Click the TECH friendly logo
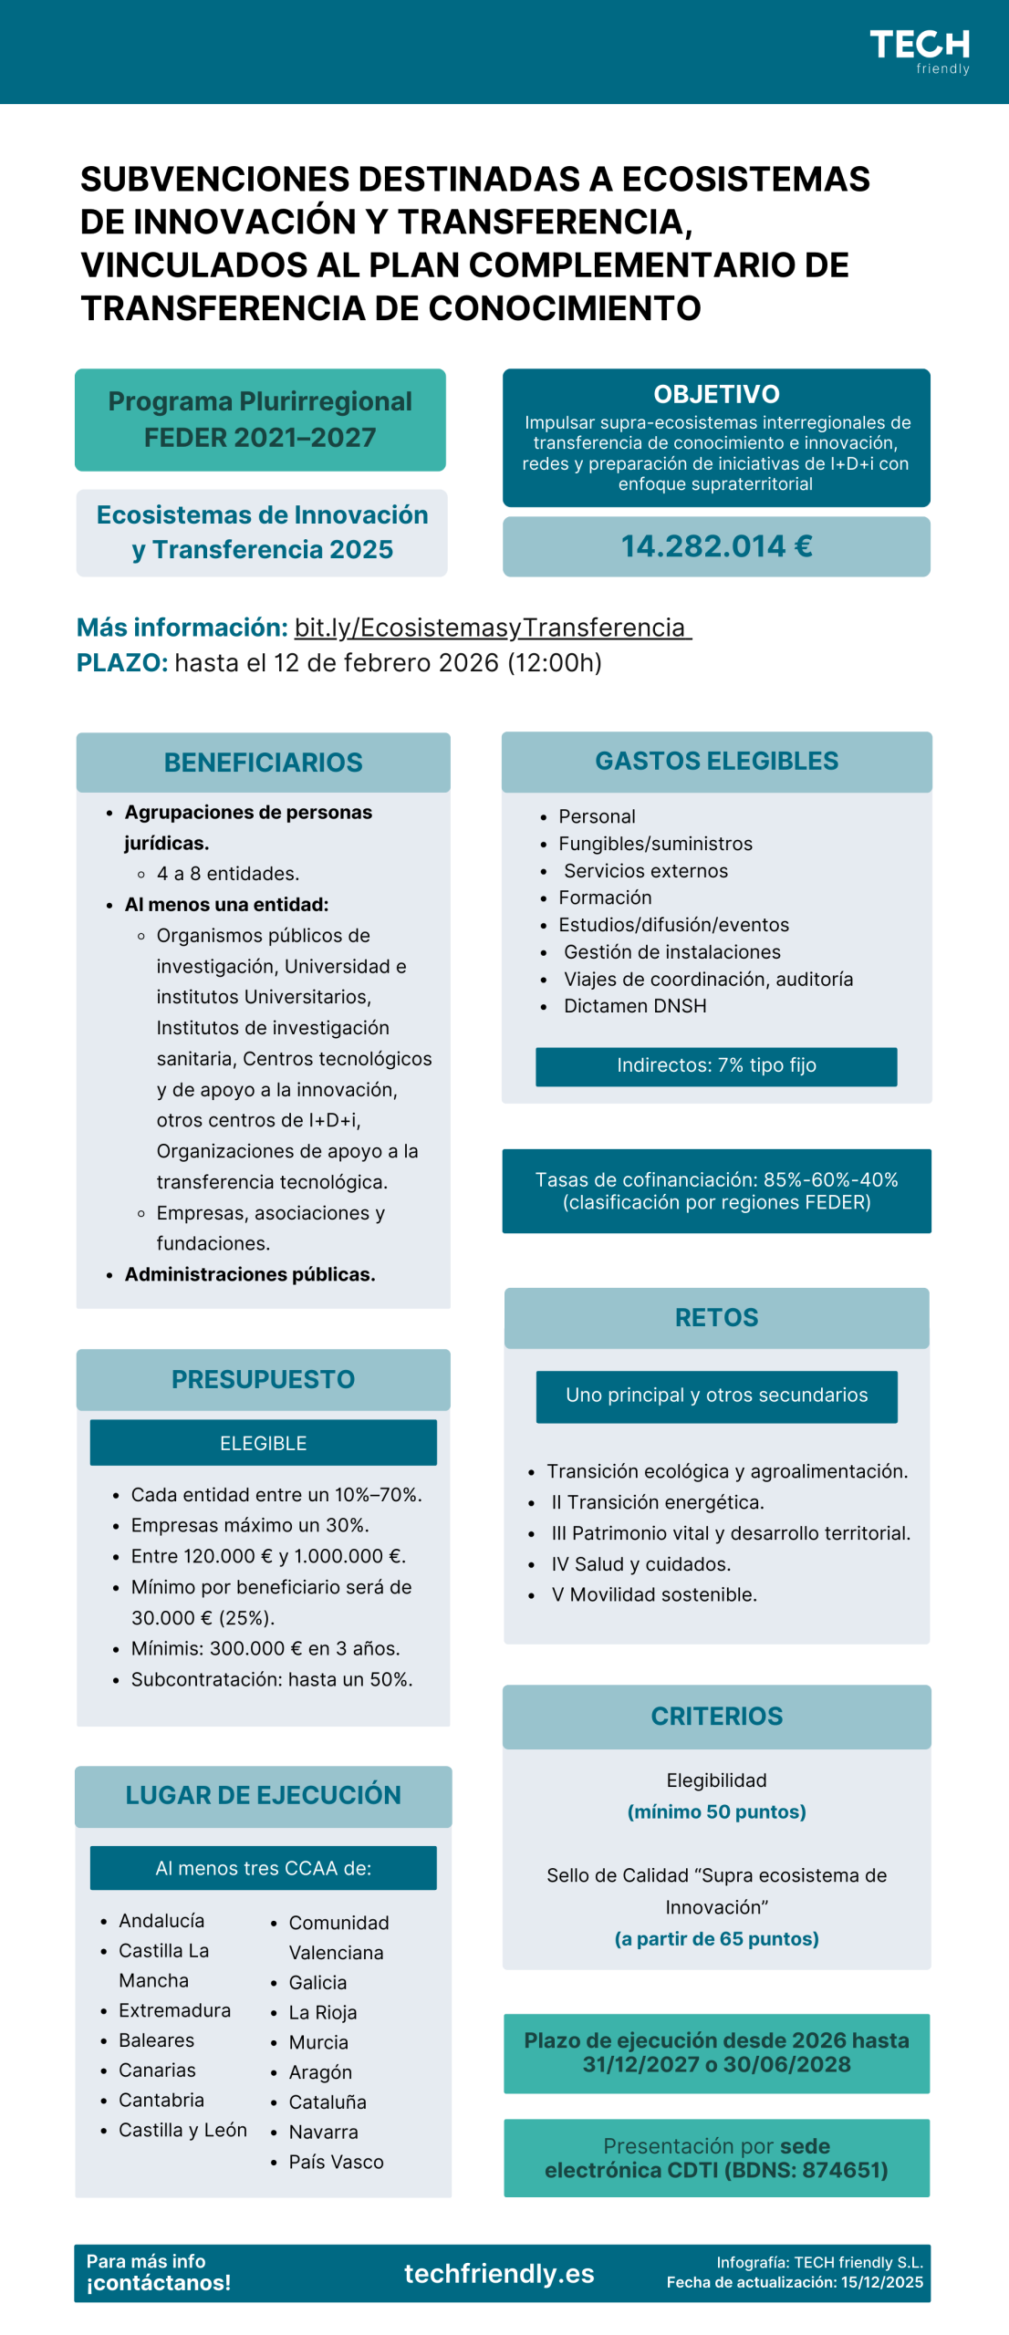pos(919,51)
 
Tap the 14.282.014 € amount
pos(716,545)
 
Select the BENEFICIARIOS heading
pos(263,762)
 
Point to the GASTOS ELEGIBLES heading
pos(716,761)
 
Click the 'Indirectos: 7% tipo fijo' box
pos(716,1064)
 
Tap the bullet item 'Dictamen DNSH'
pos(634,1005)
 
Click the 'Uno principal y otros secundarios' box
pos(716,1395)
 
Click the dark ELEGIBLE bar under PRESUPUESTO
pos(263,1442)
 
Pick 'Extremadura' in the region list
pos(174,2009)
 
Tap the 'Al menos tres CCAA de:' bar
pos(263,1867)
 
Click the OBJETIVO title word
pos(716,394)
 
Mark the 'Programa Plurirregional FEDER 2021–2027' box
pos(260,420)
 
